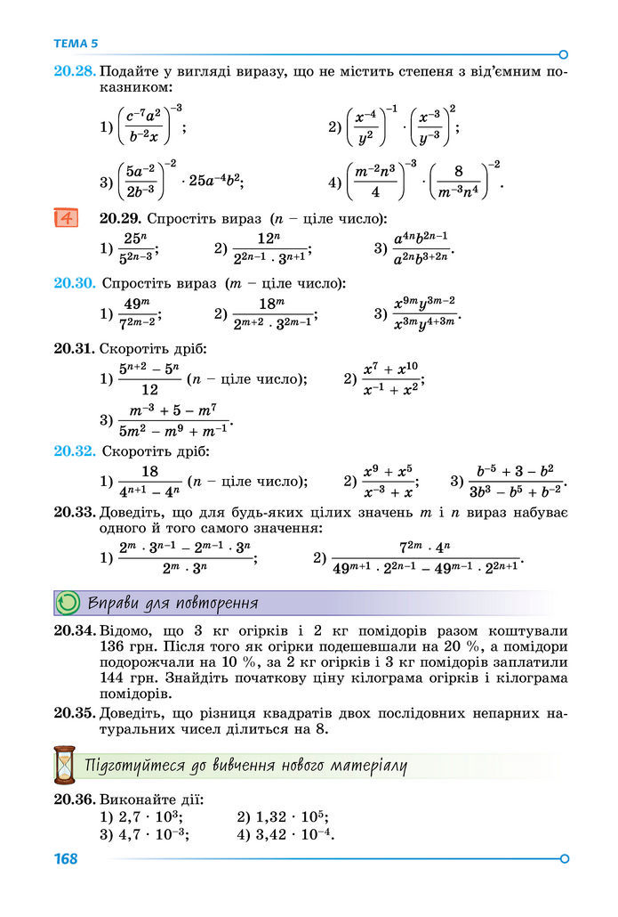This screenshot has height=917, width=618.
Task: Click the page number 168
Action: tap(66, 859)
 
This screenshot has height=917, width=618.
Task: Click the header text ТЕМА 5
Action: tap(76, 43)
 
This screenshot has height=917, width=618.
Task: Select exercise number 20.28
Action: tap(74, 69)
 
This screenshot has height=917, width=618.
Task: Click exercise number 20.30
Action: tap(74, 283)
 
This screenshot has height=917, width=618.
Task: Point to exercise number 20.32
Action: tap(74, 451)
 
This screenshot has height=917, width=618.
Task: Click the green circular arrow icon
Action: tap(68, 603)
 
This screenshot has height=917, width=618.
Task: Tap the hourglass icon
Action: tap(65, 765)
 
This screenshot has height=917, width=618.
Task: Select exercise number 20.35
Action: tap(74, 714)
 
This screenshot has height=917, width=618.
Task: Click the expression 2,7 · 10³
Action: tap(149, 817)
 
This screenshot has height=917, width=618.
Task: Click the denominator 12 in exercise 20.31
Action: tap(149, 390)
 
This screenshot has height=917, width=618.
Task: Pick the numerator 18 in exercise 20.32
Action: tap(149, 472)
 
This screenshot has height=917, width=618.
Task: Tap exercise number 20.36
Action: tap(74, 799)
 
